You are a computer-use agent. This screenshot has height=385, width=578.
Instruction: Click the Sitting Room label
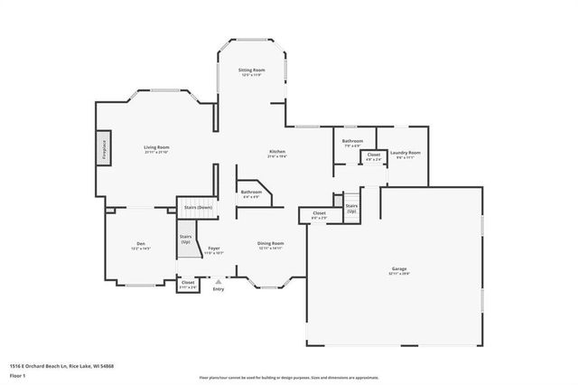(x=251, y=70)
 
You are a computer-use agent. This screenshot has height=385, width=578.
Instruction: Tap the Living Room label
(x=156, y=148)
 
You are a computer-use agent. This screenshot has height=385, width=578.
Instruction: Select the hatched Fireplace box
(x=104, y=148)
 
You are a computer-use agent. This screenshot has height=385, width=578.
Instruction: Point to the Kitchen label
(x=277, y=152)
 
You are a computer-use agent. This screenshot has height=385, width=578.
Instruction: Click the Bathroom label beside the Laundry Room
(x=352, y=141)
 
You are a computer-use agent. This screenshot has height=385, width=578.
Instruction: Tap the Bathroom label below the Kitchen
(x=251, y=192)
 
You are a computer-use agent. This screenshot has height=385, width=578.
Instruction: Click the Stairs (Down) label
(x=198, y=207)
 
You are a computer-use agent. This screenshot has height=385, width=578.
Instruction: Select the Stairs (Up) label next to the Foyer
(x=185, y=239)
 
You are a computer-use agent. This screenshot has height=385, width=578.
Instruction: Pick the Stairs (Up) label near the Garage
(x=351, y=208)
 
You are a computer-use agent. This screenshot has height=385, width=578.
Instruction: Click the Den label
(x=140, y=244)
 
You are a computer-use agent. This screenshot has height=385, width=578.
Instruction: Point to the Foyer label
(x=214, y=248)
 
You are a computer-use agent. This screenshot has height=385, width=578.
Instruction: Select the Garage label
(x=399, y=268)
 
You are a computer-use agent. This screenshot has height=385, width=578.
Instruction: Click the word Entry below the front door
(x=218, y=289)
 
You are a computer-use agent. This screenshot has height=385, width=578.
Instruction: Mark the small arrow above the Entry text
(x=218, y=281)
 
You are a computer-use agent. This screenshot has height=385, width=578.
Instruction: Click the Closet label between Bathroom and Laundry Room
(x=373, y=155)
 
